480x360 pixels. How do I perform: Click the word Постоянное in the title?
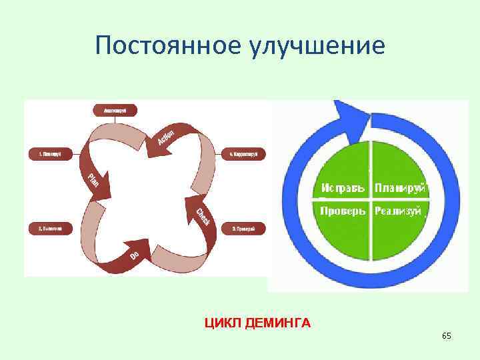[170, 46]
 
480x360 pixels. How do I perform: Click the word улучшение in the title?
[319, 46]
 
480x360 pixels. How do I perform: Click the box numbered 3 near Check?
[243, 229]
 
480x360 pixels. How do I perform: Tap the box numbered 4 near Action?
[243, 154]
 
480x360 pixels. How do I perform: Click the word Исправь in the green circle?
[343, 189]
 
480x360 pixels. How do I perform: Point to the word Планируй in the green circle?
[399, 189]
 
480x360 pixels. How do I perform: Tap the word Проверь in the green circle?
[343, 211]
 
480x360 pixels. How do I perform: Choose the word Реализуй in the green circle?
[398, 211]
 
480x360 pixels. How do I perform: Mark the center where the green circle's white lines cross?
[370, 199]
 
